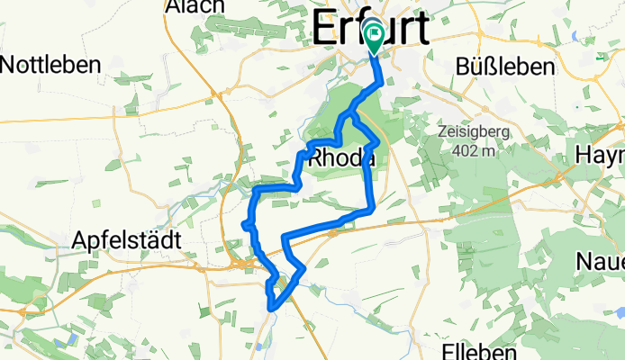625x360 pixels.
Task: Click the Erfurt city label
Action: tap(371, 30)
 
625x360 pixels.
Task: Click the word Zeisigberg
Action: tap(477, 131)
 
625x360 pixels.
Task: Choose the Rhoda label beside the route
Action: tap(341, 158)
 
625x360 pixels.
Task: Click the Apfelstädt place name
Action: tap(126, 241)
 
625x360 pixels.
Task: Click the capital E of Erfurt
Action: tap(323, 30)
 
